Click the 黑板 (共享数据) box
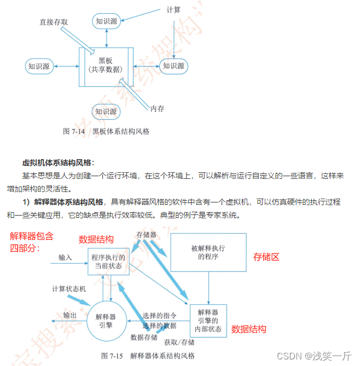coord(105,66)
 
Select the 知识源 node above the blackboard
coord(107,21)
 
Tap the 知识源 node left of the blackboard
coord(39,66)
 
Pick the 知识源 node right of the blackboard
coord(173,66)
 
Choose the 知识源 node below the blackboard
coord(106,112)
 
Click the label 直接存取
coord(54,22)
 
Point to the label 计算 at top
coord(174,9)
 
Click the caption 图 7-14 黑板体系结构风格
coord(106,131)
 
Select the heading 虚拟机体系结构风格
coord(58,163)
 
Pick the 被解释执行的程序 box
coord(208,252)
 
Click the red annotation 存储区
coord(266,256)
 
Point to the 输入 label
coord(65,257)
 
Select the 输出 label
coord(70,316)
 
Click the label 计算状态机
coord(69,288)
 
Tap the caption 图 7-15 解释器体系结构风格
coord(148,356)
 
